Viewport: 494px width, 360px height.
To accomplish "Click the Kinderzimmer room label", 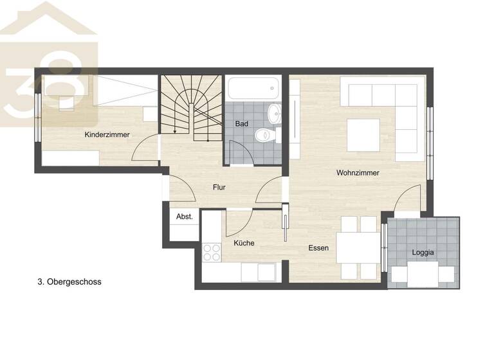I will pos(107,135).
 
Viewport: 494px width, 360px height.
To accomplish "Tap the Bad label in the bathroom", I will pos(241,123).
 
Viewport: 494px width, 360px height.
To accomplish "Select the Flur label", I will pos(220,188).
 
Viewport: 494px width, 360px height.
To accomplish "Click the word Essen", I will pos(318,248).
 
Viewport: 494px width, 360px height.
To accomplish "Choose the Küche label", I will pos(244,243).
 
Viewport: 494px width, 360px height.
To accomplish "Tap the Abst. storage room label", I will pos(185,217).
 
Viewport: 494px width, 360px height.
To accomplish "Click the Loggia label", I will pos(423,253).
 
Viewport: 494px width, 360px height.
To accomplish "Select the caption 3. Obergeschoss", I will pos(69,282).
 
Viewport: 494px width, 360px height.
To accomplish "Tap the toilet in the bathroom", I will pos(263,136).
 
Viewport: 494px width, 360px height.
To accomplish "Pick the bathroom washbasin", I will pos(274,114).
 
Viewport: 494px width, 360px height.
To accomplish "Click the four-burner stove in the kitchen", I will pos(212,252).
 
